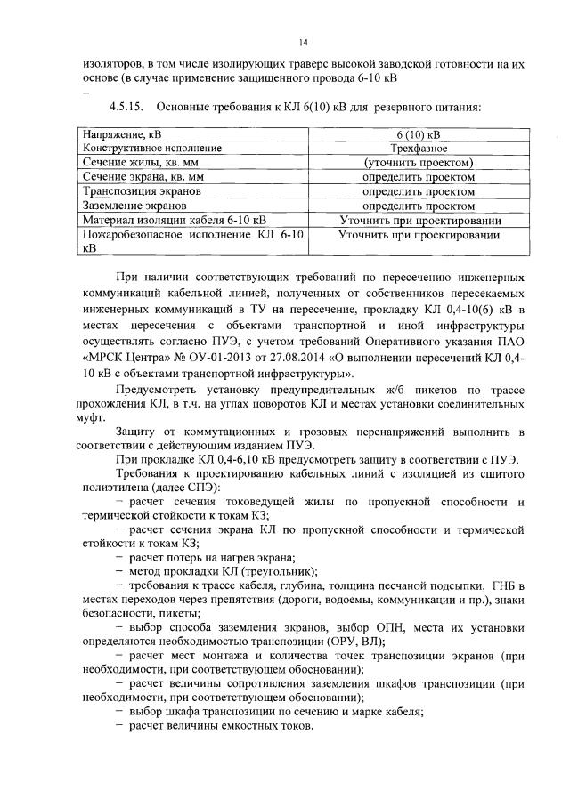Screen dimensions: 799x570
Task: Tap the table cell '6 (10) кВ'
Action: [x=418, y=133]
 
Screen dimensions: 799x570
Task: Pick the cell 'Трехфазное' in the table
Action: [x=418, y=148]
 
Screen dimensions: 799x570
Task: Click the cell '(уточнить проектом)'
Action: [x=418, y=163]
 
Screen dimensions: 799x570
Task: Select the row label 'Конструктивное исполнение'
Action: [x=152, y=148]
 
